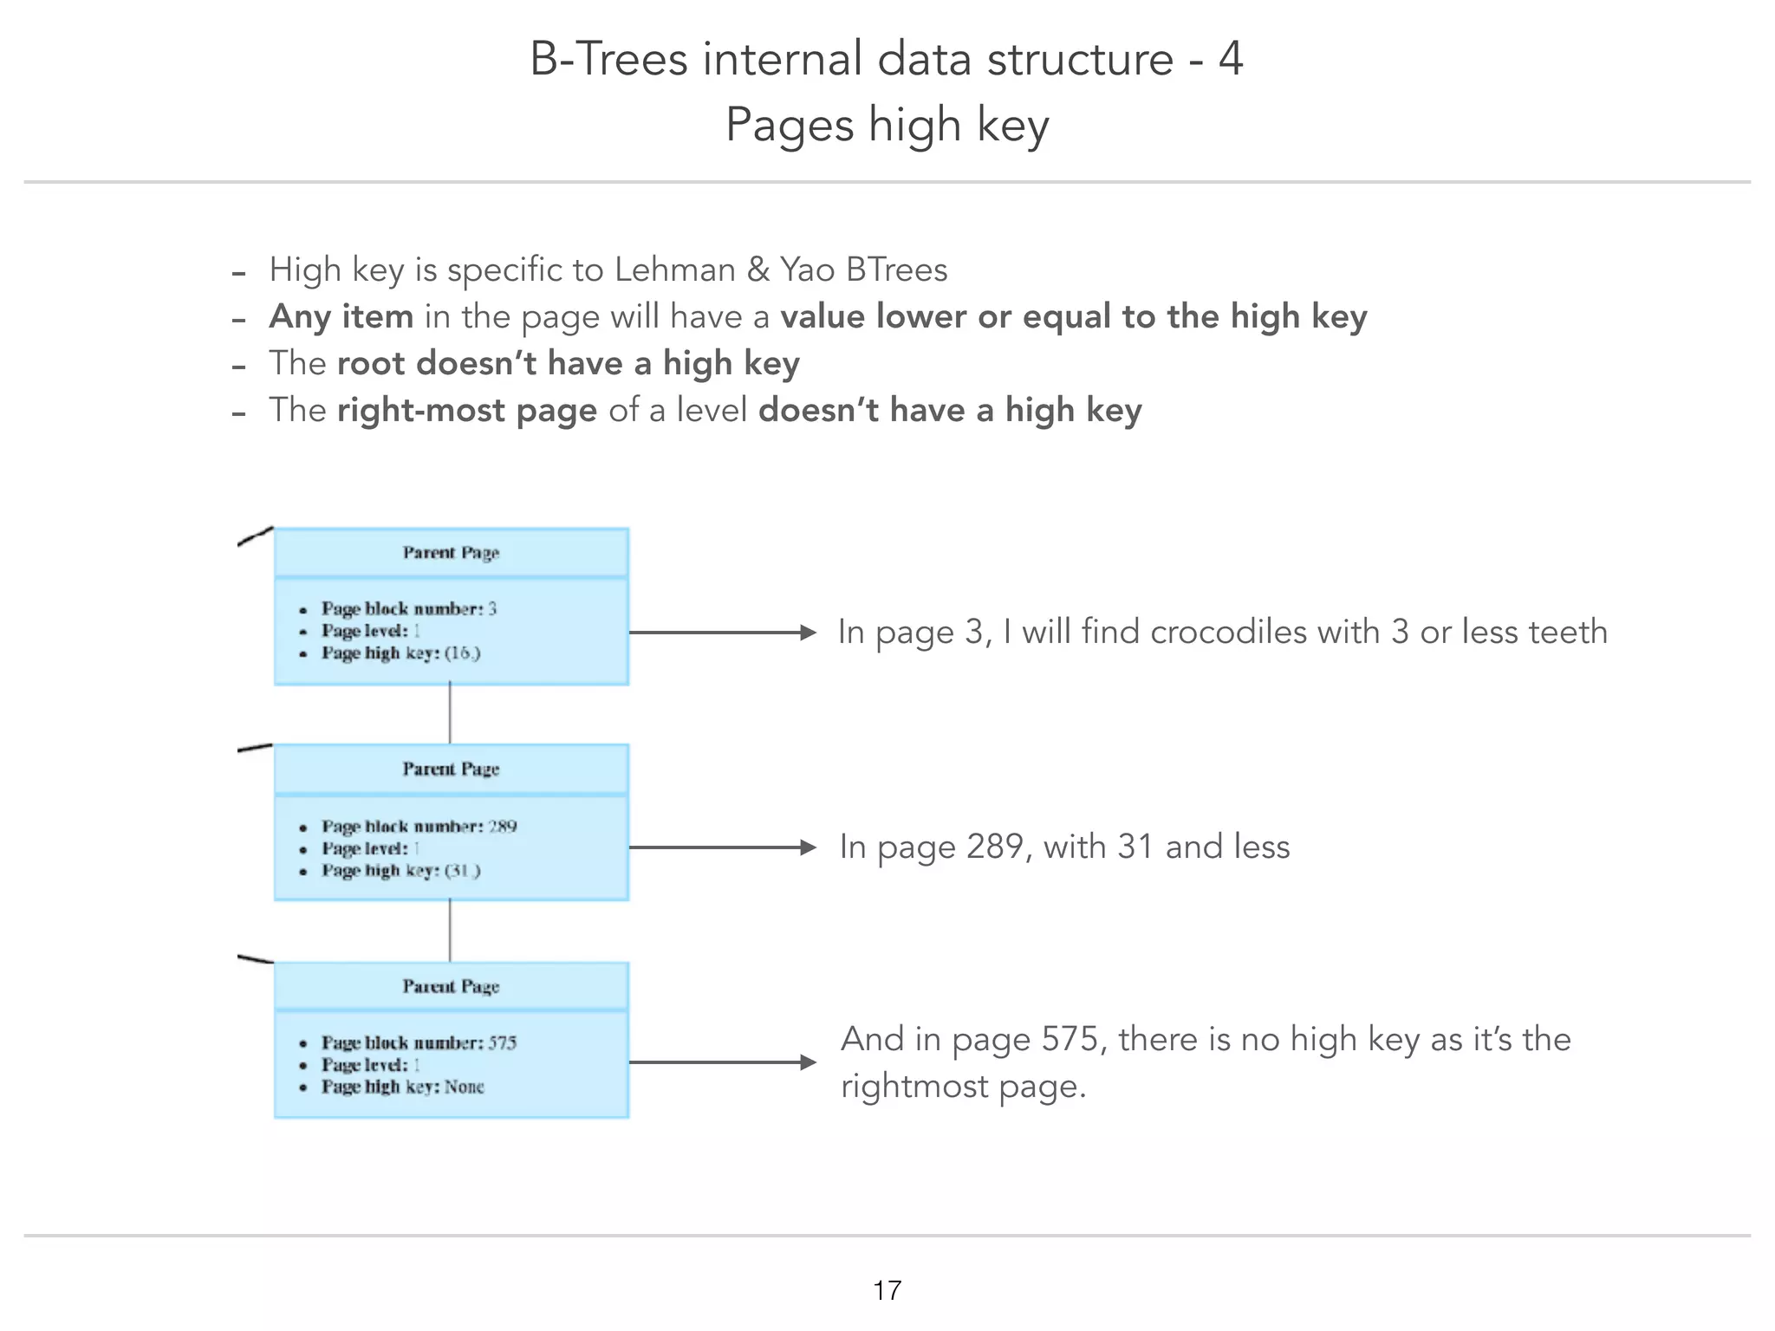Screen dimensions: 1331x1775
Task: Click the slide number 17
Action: pos(887,1290)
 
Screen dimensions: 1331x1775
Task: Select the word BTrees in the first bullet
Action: pos(896,269)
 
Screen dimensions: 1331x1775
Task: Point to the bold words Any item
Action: pos(341,316)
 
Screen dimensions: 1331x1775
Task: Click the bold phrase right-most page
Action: pos(467,410)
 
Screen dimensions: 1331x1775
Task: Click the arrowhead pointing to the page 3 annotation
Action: pos(808,633)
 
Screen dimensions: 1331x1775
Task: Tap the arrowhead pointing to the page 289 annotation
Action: pos(808,847)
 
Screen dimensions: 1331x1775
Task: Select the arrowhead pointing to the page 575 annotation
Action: pos(808,1062)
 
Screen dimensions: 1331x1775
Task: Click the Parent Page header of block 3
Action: pos(451,553)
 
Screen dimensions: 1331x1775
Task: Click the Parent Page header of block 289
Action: pos(451,769)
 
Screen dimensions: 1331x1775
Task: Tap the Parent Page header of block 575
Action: pos(451,986)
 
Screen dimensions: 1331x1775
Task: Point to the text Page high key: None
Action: pos(403,1087)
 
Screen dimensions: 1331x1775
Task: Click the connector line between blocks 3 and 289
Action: pos(450,714)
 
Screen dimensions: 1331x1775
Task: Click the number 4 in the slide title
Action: pos(1231,59)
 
